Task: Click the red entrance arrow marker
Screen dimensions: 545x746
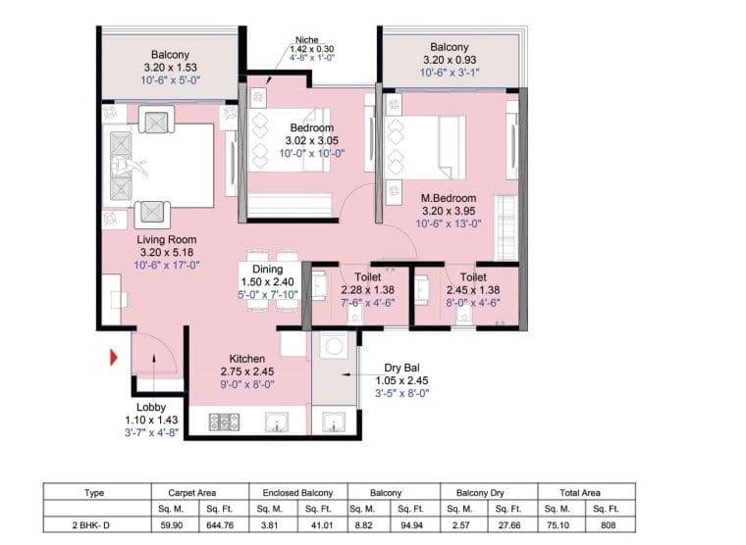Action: [114, 358]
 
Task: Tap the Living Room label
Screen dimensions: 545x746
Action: [167, 239]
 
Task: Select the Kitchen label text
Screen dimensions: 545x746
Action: [247, 359]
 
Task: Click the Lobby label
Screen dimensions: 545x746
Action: [150, 407]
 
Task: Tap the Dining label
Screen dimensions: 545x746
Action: [267, 269]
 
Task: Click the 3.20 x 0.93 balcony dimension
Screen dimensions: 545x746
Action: [449, 60]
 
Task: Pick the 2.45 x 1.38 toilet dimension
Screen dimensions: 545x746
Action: [473, 290]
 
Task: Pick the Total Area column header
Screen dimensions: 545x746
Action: [586, 493]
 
